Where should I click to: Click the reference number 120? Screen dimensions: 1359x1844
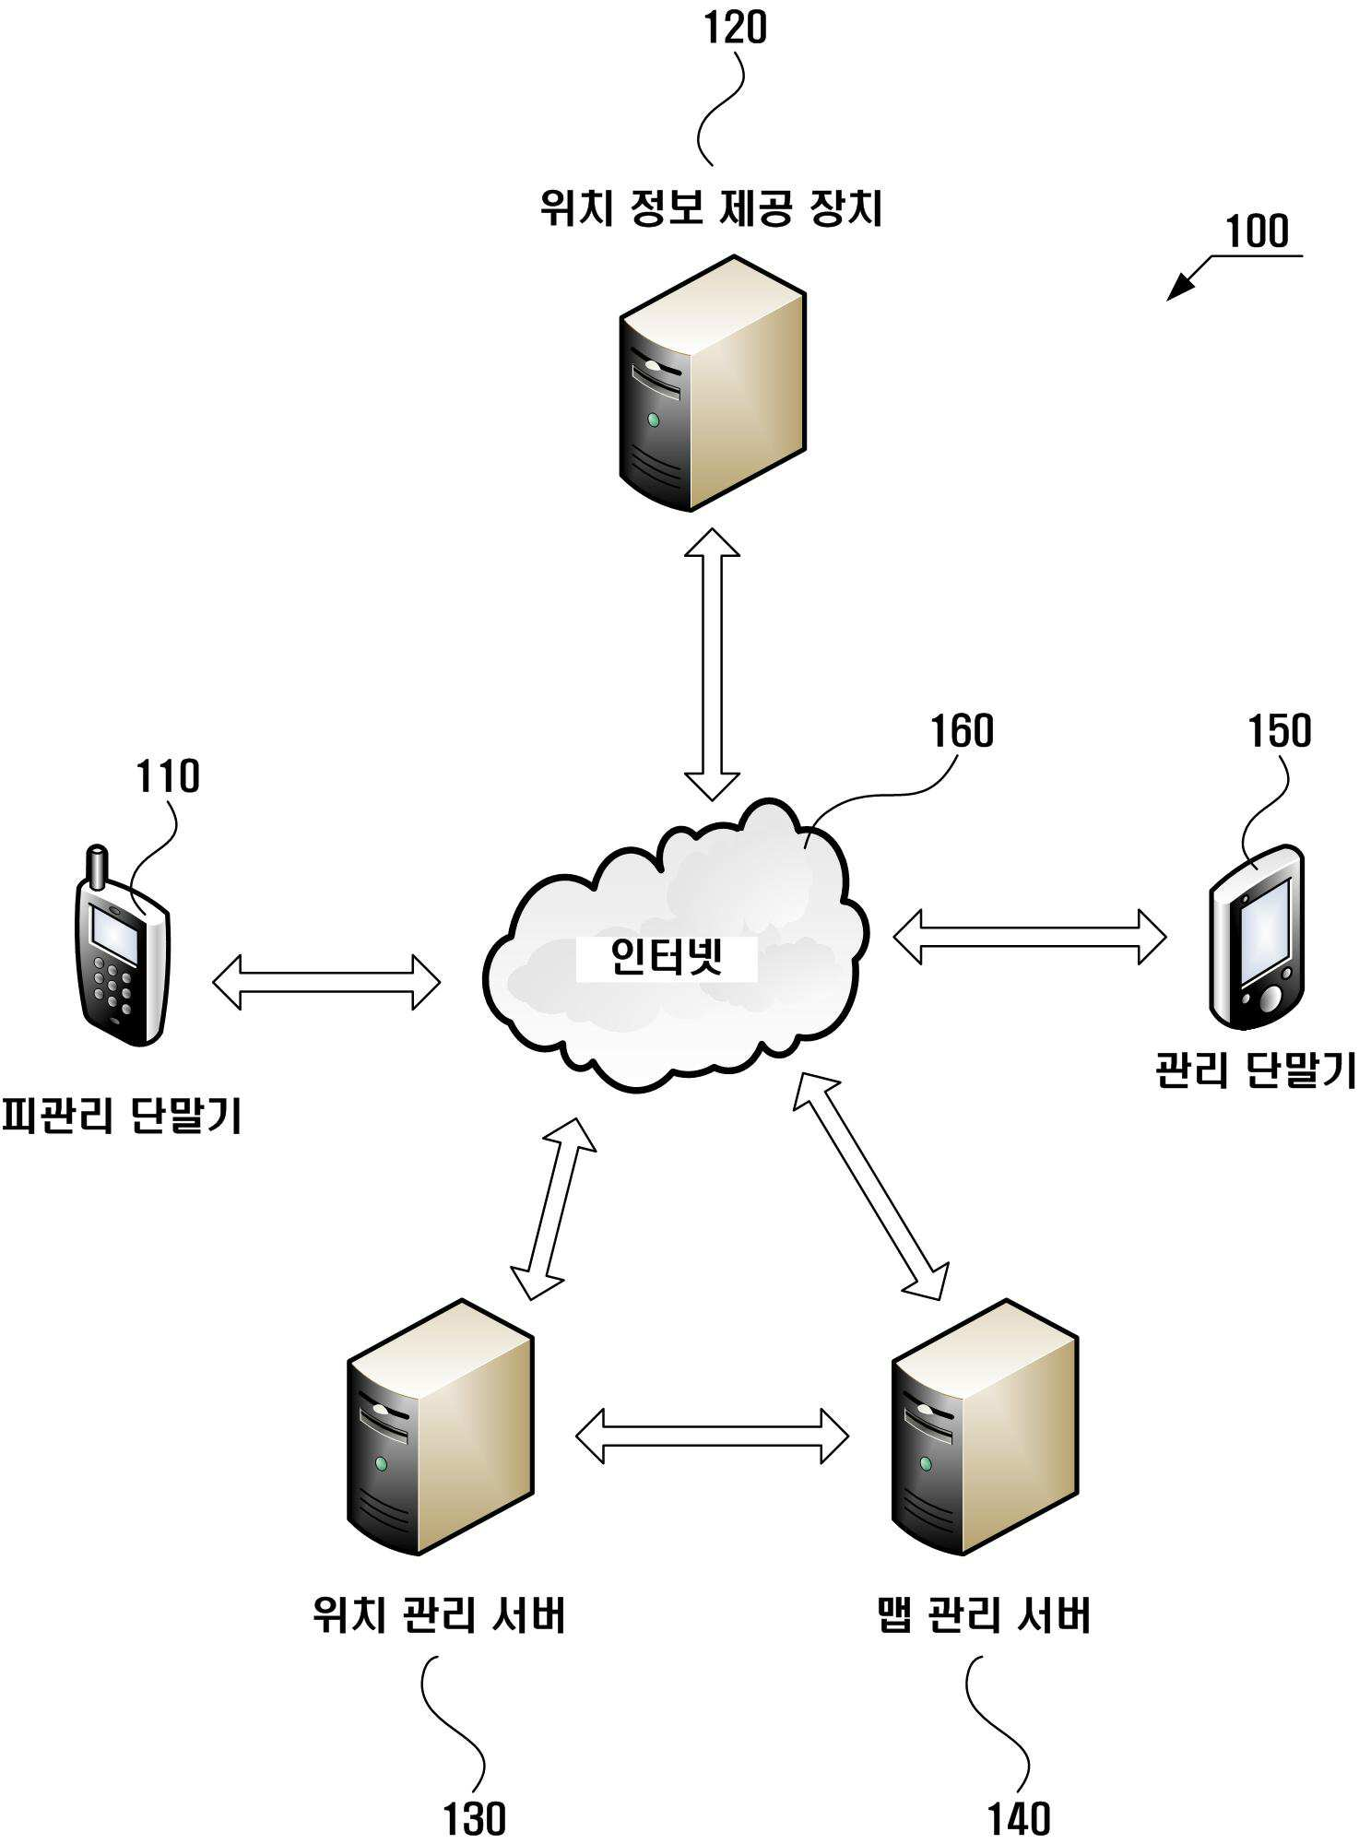tap(735, 28)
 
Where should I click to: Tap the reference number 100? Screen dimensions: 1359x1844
tap(1257, 230)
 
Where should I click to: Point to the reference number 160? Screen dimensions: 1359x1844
tap(962, 731)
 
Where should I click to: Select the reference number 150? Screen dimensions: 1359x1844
tap(1279, 730)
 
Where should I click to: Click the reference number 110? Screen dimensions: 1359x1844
tap(168, 776)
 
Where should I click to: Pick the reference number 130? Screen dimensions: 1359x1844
tap(475, 1819)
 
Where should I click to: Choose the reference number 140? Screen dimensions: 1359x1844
tap(1019, 1819)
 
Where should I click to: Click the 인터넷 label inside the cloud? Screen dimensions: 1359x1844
tap(667, 958)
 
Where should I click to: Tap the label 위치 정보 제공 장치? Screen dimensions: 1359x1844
tap(711, 207)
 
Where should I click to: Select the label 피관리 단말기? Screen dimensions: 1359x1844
tap(121, 1115)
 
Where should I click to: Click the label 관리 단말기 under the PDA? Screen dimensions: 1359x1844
tap(1256, 1070)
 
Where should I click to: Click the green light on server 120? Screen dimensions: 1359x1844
tap(654, 420)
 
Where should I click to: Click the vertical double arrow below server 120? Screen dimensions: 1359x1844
tap(712, 664)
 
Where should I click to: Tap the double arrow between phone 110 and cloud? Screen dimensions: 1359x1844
tap(326, 982)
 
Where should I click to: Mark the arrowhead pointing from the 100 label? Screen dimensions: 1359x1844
tap(1181, 287)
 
